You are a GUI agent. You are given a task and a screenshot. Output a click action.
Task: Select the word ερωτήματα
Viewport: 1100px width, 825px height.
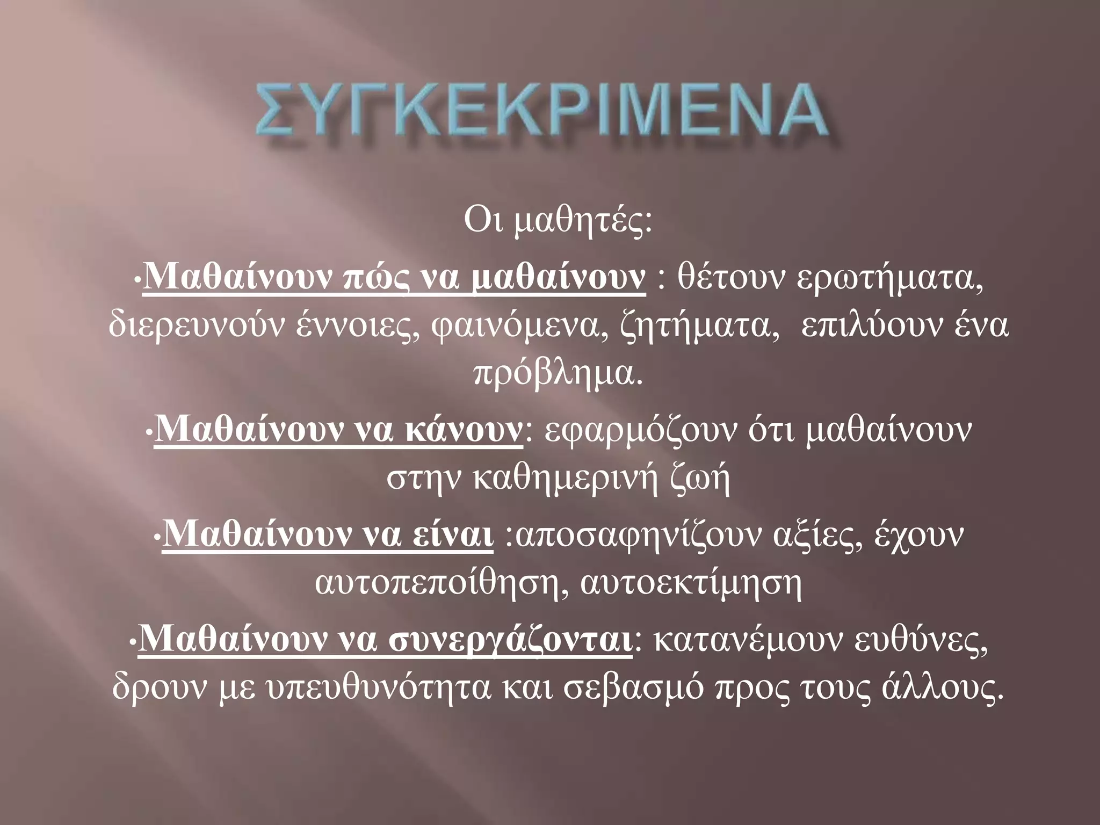coord(889,278)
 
